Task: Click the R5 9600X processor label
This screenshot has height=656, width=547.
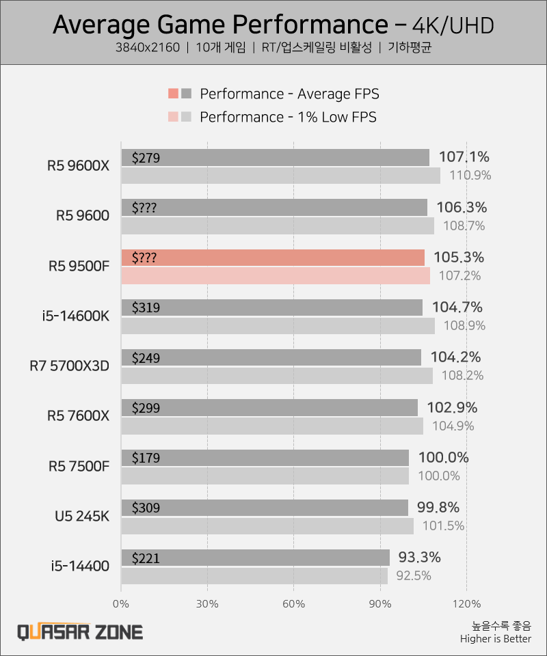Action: pos(78,166)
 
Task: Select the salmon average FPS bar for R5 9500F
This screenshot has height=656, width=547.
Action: pos(273,258)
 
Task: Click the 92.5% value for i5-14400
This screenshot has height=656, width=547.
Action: pos(414,575)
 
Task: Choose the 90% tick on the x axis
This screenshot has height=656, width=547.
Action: pos(380,603)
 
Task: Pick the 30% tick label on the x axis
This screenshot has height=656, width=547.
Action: pos(207,603)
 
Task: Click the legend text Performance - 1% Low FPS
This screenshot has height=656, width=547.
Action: pos(288,117)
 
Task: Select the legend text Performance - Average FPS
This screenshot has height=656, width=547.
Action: pos(289,94)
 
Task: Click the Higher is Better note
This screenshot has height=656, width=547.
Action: pos(495,639)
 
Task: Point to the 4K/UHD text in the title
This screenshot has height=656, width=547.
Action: pos(453,25)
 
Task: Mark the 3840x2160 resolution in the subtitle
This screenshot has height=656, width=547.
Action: pos(148,48)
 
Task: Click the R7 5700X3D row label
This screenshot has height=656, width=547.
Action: pos(69,366)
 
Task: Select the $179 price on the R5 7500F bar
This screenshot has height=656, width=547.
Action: pos(146,458)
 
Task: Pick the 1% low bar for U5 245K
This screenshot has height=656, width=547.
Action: pos(267,526)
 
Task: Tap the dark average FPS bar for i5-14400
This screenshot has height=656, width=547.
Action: pos(255,558)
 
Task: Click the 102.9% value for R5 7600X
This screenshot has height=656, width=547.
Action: pos(452,408)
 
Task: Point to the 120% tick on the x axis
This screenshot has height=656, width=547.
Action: pos(466,603)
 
